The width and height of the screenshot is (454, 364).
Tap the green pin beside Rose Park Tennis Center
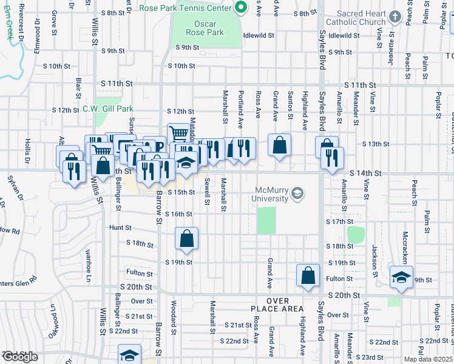tap(241, 7)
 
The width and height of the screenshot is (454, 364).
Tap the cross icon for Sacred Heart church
tap(395, 16)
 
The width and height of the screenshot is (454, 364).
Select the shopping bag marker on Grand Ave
tap(279, 146)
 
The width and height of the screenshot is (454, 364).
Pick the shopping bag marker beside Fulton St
tap(308, 275)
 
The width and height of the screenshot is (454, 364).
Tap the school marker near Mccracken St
tap(401, 277)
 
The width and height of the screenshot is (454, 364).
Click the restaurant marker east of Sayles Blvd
tap(332, 159)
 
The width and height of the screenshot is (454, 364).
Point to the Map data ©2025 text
tap(428, 359)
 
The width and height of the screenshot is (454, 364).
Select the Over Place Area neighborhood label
tap(285, 305)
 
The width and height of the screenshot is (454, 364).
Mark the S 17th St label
tap(347, 222)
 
